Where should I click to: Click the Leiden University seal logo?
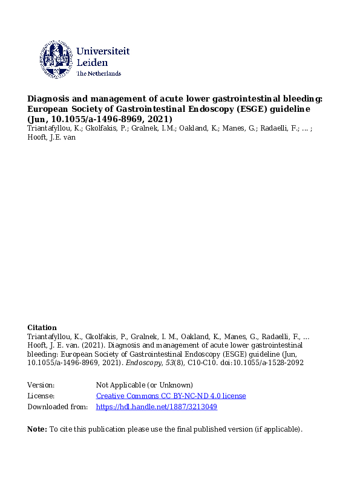[x=56, y=59]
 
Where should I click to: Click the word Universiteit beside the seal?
[x=103, y=51]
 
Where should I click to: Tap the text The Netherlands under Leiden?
[x=99, y=73]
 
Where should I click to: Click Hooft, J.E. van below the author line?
[x=52, y=137]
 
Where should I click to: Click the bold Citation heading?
[x=42, y=327]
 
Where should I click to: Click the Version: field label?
[x=41, y=385]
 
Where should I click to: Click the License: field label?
[x=41, y=396]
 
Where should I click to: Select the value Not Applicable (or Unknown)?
[x=145, y=385]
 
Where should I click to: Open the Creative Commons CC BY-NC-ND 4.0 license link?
[x=171, y=396]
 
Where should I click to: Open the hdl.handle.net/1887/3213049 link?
[x=157, y=407]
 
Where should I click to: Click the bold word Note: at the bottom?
[x=38, y=429]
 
